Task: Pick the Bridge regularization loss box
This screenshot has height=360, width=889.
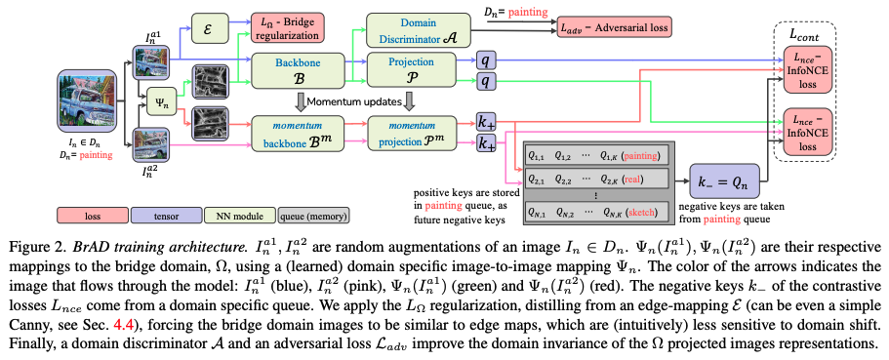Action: [288, 27]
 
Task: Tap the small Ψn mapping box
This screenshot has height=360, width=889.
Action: [161, 103]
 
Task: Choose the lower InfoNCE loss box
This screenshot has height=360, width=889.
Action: [807, 132]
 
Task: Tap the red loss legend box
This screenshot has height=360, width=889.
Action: [92, 216]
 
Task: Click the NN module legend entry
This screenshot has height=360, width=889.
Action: [241, 216]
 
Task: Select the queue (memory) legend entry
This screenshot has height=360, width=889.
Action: [314, 216]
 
